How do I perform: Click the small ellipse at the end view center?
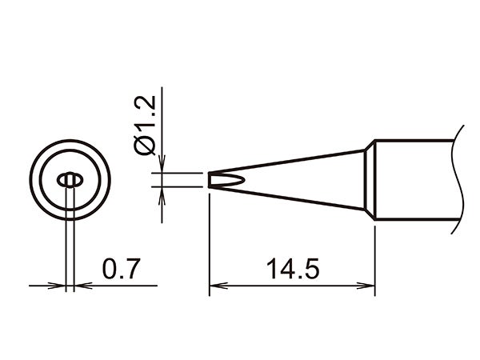coord(70,180)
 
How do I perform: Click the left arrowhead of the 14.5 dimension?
coord(215,285)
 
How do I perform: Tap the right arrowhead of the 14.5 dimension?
coord(369,285)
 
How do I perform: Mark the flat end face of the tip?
coord(210,180)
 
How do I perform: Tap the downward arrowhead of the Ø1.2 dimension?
coord(162,166)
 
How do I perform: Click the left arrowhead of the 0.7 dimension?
coord(58,285)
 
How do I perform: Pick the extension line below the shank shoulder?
coord(375,256)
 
